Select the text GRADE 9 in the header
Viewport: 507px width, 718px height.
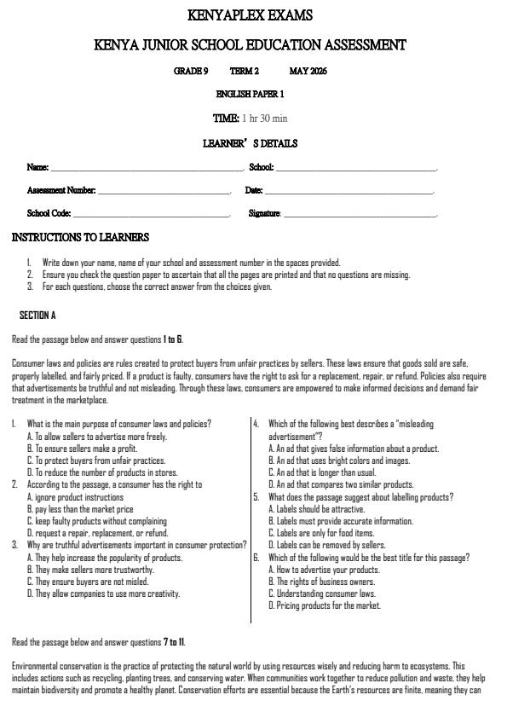click(191, 72)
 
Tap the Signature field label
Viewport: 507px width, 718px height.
click(264, 214)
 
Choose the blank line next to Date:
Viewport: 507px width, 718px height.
click(349, 192)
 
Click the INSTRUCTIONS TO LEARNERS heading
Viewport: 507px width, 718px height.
click(80, 237)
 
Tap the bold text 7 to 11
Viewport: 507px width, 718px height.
click(174, 642)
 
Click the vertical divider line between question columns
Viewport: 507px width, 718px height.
click(251, 520)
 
